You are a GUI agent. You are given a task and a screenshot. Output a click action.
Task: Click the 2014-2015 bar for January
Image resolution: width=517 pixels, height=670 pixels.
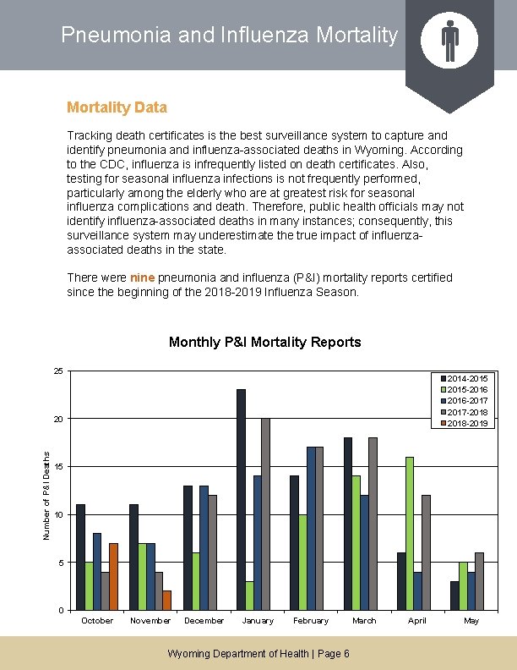pyautogui.click(x=241, y=499)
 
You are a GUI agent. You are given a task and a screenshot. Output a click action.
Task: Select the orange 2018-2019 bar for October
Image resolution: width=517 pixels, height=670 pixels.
pyautogui.click(x=113, y=576)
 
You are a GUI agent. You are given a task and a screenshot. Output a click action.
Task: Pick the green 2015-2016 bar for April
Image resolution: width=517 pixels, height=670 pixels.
pyautogui.click(x=410, y=533)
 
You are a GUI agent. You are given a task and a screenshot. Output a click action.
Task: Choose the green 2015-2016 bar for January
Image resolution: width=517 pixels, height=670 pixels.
pyautogui.click(x=249, y=595)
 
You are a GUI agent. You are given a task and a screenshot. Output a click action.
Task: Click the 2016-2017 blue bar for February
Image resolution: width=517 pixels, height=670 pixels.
pyautogui.click(x=311, y=528)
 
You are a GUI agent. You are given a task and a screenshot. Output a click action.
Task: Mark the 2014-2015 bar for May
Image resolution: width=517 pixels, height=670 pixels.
pyautogui.click(x=454, y=596)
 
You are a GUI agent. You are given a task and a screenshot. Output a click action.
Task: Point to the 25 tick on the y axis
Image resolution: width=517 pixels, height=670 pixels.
pyautogui.click(x=57, y=371)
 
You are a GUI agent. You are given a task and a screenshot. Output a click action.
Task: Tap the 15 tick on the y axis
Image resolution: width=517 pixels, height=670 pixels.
pyautogui.click(x=57, y=467)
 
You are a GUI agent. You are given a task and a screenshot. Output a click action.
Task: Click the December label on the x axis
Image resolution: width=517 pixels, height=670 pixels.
pyautogui.click(x=204, y=621)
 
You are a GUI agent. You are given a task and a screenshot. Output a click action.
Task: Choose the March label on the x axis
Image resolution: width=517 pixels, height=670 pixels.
pyautogui.click(x=364, y=621)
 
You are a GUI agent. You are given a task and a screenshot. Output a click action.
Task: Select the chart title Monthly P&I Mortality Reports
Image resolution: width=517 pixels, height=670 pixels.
pyautogui.click(x=264, y=343)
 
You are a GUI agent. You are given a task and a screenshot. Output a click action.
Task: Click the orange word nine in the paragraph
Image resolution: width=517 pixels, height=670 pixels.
pyautogui.click(x=142, y=277)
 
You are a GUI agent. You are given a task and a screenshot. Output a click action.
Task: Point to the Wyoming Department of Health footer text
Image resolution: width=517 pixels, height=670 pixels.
pyautogui.click(x=258, y=654)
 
